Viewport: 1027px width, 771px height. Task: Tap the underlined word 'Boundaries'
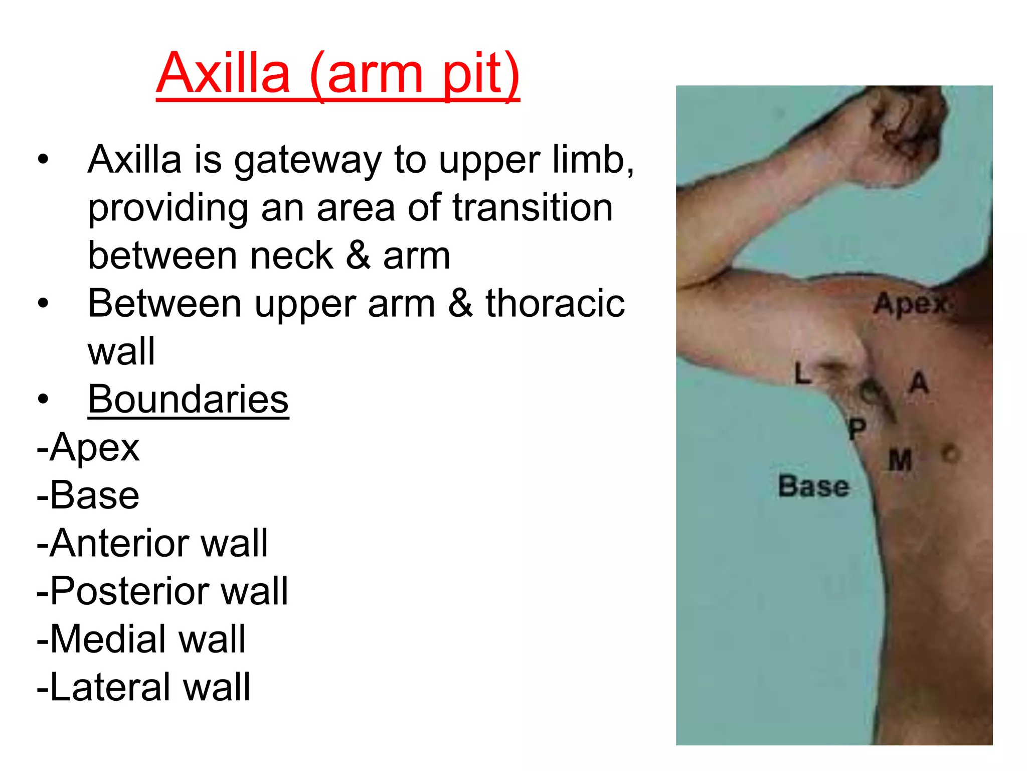click(188, 400)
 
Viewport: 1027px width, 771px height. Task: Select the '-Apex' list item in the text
click(88, 447)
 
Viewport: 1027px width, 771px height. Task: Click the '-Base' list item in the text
click(88, 495)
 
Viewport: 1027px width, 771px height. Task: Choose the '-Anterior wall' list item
click(152, 543)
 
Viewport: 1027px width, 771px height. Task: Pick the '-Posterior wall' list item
click(162, 591)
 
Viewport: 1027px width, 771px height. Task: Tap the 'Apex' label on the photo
click(911, 304)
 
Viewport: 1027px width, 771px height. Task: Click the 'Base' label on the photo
click(813, 486)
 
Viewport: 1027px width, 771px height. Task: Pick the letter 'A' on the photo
click(919, 382)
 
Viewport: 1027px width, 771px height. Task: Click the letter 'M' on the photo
click(900, 461)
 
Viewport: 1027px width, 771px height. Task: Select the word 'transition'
click(533, 208)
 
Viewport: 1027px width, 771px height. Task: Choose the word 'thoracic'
click(555, 304)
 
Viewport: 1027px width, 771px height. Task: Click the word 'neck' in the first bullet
click(291, 256)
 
